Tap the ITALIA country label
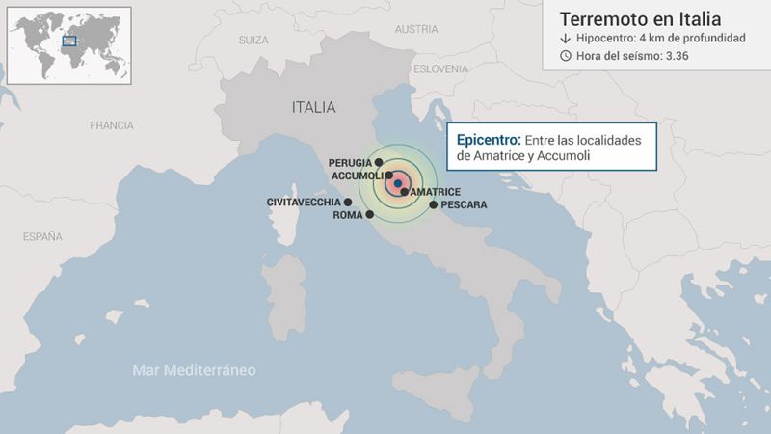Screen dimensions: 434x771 tap(313, 107)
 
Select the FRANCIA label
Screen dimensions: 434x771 tap(111, 125)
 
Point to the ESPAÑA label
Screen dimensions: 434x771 tap(41, 235)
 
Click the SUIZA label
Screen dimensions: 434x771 tap(253, 40)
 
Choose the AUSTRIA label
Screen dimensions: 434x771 tap(416, 29)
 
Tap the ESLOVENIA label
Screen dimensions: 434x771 tap(441, 69)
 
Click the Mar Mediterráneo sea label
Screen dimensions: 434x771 tap(194, 369)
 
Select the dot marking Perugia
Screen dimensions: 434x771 tap(380, 162)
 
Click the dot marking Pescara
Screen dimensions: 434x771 tap(433, 204)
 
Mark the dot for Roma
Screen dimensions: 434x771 tap(370, 214)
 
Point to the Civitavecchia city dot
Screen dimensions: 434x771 tap(348, 202)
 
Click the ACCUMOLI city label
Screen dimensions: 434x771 tap(357, 176)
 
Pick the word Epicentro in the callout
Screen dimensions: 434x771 tap(488, 139)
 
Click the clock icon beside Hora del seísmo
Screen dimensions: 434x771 tap(565, 55)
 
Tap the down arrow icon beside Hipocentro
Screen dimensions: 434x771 tap(565, 38)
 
